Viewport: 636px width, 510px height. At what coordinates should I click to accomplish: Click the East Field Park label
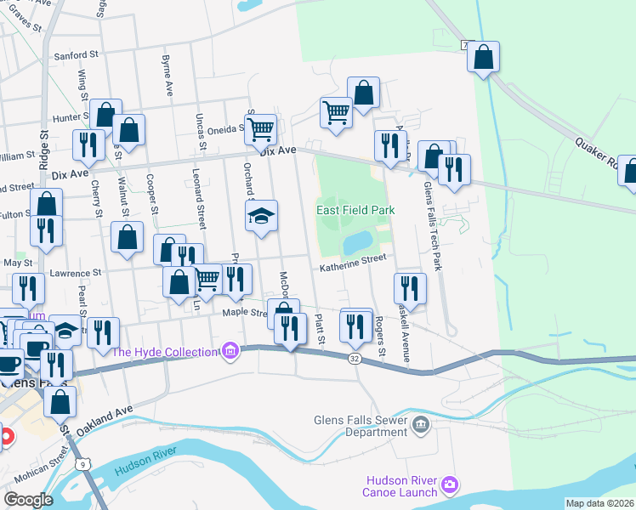(355, 210)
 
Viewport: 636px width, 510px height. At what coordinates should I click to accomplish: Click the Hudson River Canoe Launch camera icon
(450, 484)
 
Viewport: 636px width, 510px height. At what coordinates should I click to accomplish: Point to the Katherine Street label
(353, 267)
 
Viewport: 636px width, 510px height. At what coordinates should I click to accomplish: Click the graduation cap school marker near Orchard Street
(262, 216)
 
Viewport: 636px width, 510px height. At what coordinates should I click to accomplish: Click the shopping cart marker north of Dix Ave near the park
(337, 110)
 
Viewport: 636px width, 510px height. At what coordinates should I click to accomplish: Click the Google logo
(28, 499)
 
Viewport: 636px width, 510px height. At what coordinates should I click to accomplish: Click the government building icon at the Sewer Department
(418, 424)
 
